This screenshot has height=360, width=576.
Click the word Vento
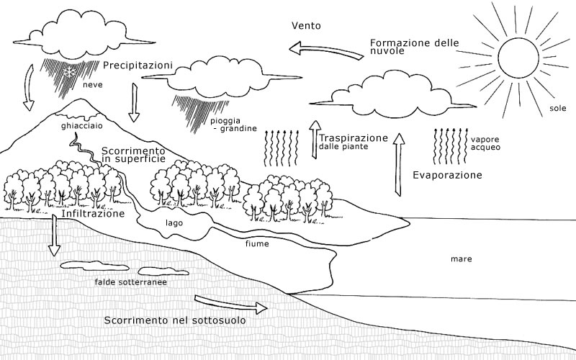(306, 27)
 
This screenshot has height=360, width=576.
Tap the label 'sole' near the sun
(557, 109)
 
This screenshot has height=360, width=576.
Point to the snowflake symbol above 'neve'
(70, 72)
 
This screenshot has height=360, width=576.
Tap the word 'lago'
(174, 223)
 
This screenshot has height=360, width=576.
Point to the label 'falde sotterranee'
(130, 283)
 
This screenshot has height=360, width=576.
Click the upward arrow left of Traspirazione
(314, 137)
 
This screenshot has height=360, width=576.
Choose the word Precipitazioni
(138, 66)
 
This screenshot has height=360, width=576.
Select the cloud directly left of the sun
(393, 94)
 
